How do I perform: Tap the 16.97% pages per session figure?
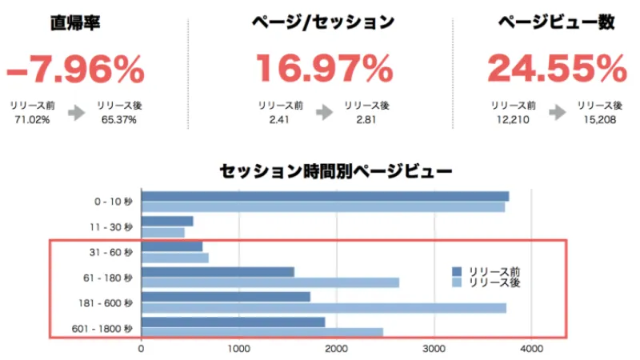(x=324, y=70)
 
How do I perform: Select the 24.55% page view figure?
(x=556, y=70)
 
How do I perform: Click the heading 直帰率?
(x=77, y=23)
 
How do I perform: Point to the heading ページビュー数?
(x=556, y=23)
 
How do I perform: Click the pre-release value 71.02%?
(x=34, y=120)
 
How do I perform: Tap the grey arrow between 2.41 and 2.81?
(x=324, y=113)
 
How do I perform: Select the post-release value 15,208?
(x=600, y=120)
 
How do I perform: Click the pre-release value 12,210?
(x=514, y=120)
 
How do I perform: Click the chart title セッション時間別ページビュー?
(x=335, y=170)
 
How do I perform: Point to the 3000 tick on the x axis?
(x=434, y=349)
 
